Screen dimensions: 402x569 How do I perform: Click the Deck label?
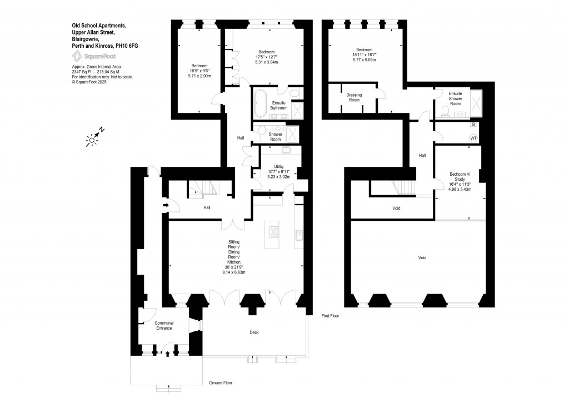coord(254,332)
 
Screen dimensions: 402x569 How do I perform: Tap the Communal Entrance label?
coord(164,326)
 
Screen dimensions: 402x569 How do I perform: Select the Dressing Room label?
coord(354,97)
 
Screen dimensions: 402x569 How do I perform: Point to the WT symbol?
coord(473,138)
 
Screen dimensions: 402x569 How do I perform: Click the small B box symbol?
coord(473,125)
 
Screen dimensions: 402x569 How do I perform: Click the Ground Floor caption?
coord(221,383)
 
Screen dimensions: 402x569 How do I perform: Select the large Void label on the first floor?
coord(422,258)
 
